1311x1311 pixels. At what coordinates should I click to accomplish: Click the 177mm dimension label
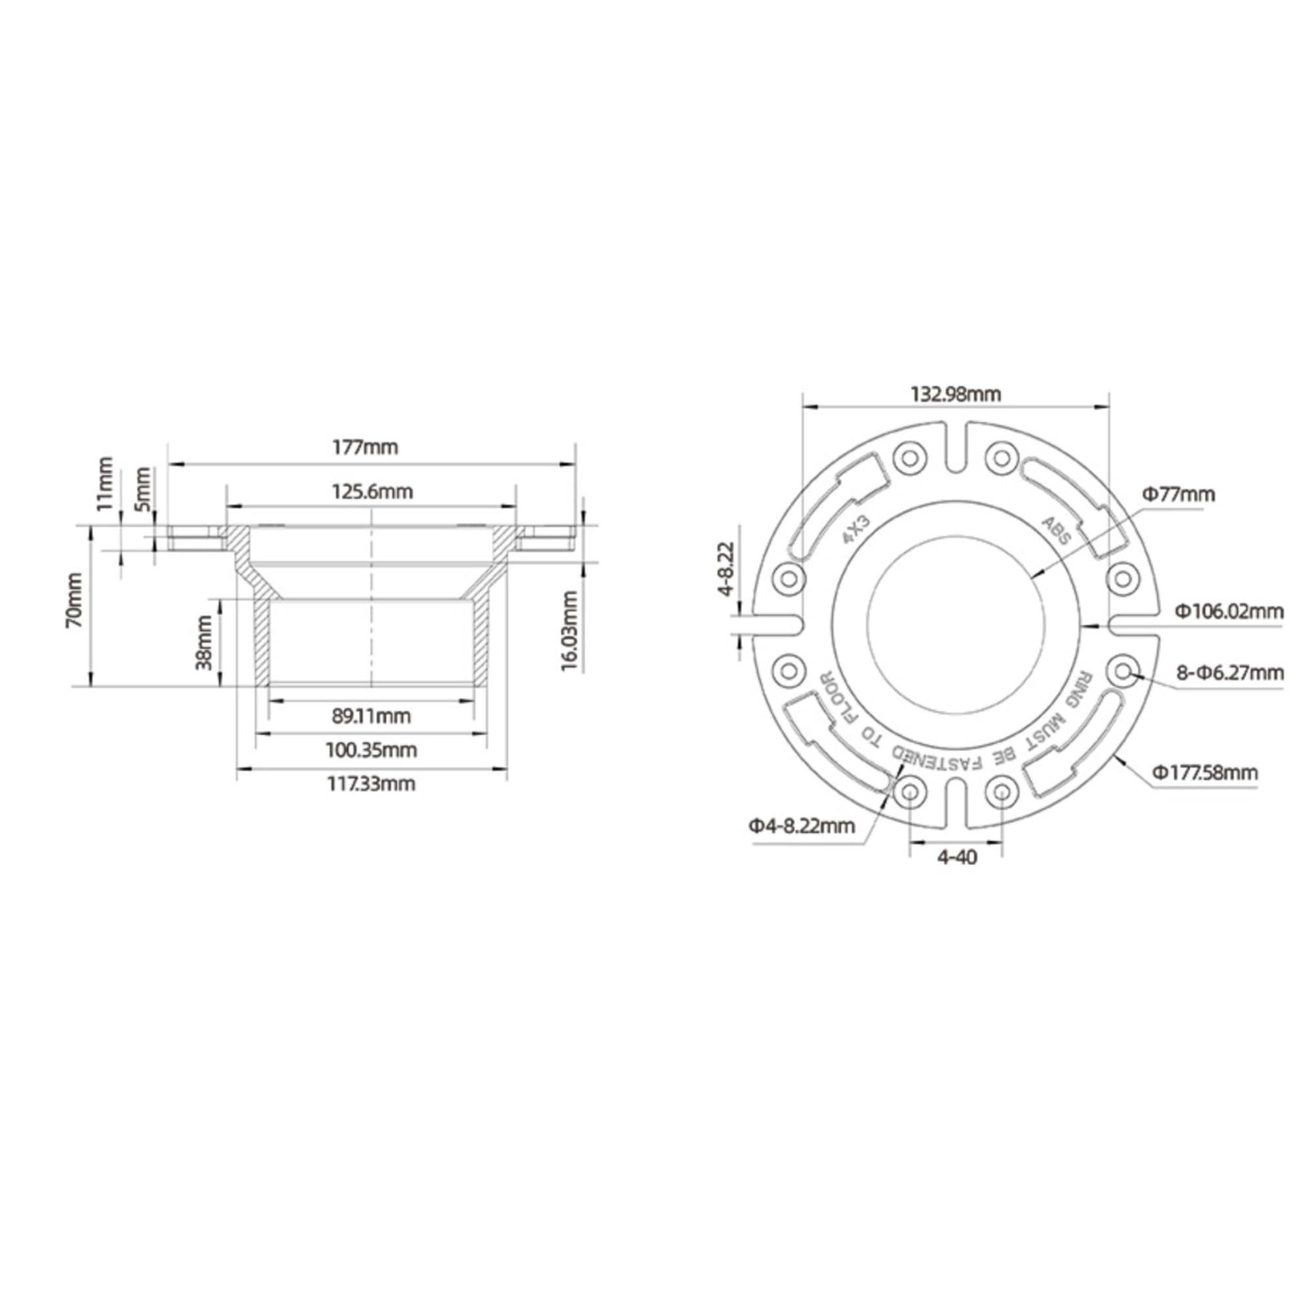[364, 448]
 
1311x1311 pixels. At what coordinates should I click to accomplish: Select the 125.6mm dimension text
[372, 491]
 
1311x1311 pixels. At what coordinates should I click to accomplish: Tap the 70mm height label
[74, 609]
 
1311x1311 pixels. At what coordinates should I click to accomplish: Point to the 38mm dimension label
[205, 642]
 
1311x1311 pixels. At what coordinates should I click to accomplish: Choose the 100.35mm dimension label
[371, 751]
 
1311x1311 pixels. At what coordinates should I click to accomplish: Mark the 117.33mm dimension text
[371, 785]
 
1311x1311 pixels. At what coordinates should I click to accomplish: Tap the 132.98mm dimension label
[956, 394]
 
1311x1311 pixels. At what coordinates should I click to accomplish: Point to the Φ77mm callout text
[1178, 495]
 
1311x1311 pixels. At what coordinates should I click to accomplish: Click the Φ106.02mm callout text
[1230, 612]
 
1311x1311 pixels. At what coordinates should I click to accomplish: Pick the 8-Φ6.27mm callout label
[1230, 673]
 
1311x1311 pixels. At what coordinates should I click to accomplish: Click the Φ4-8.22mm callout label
[802, 827]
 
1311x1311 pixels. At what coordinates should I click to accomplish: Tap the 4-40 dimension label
[957, 857]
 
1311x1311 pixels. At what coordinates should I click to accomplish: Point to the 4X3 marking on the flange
[856, 530]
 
